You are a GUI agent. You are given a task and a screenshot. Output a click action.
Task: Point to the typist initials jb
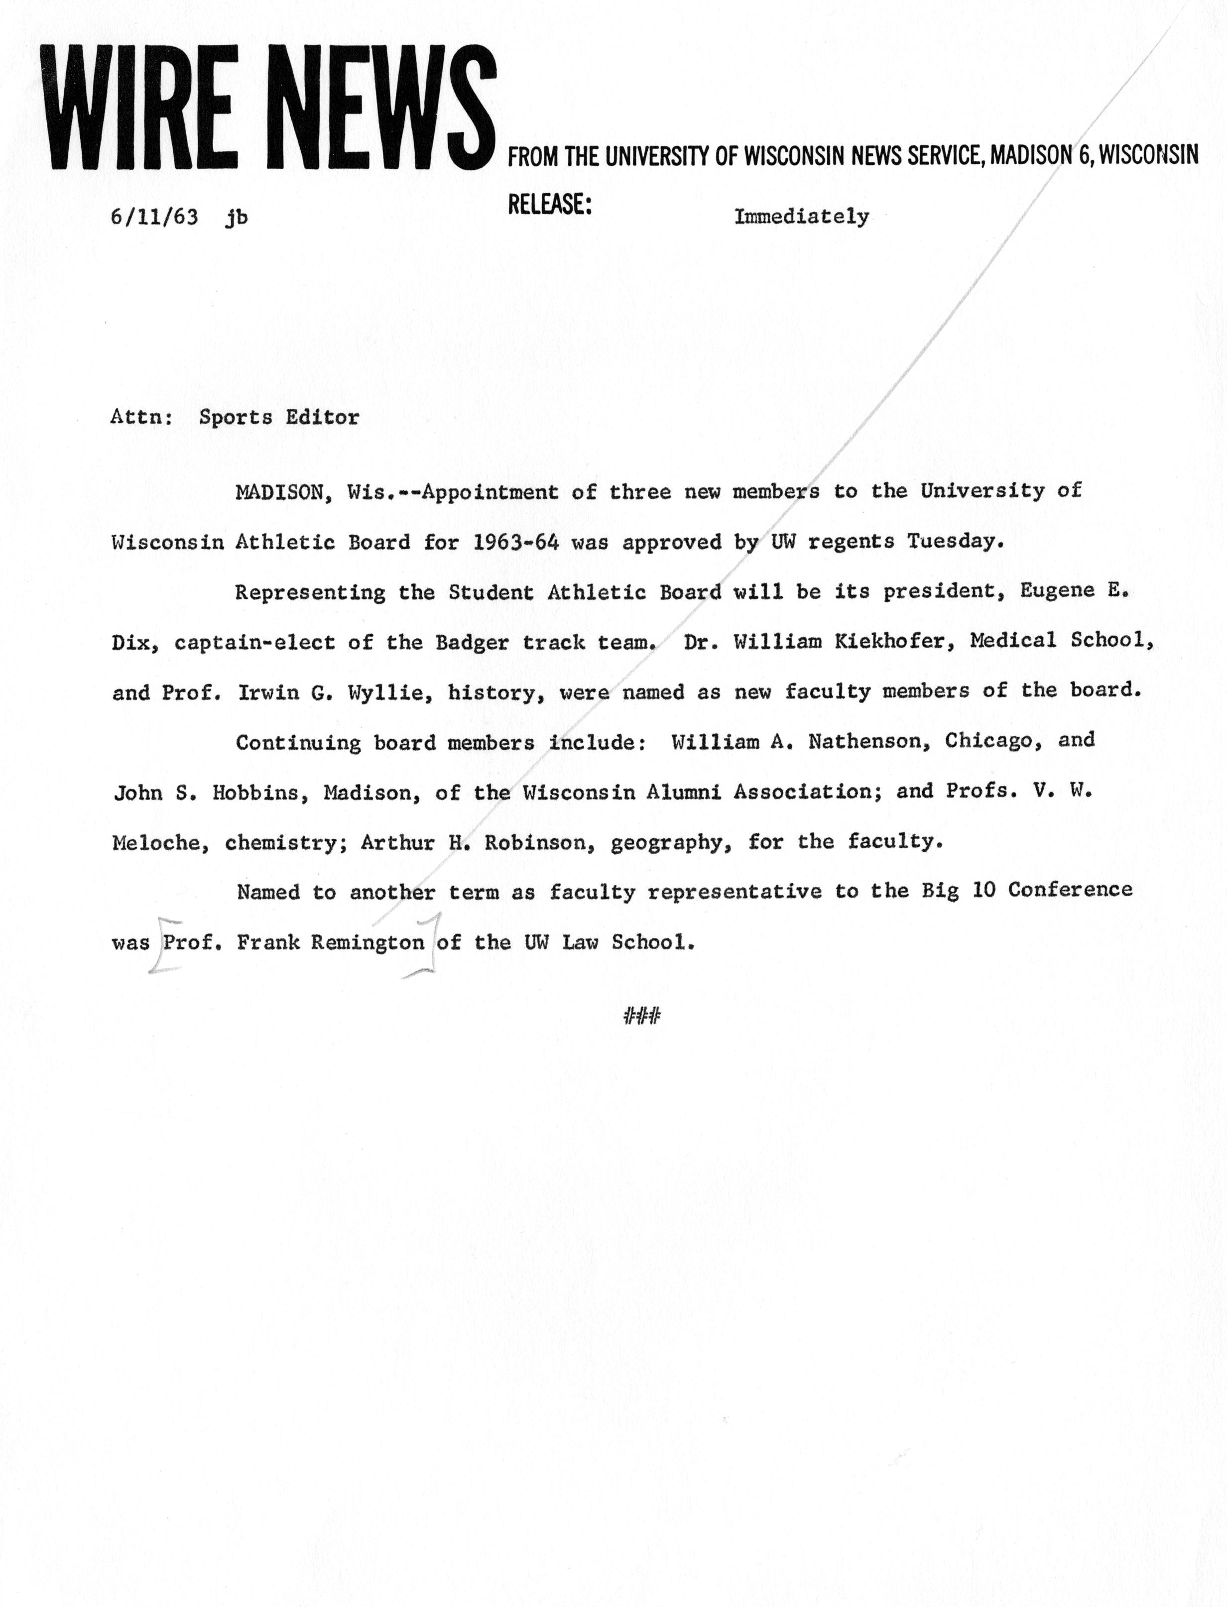click(236, 218)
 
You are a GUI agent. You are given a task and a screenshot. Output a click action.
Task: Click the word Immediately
click(801, 217)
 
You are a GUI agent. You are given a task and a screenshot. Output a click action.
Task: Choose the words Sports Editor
click(279, 418)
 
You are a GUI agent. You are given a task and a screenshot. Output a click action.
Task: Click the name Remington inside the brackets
click(368, 942)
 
